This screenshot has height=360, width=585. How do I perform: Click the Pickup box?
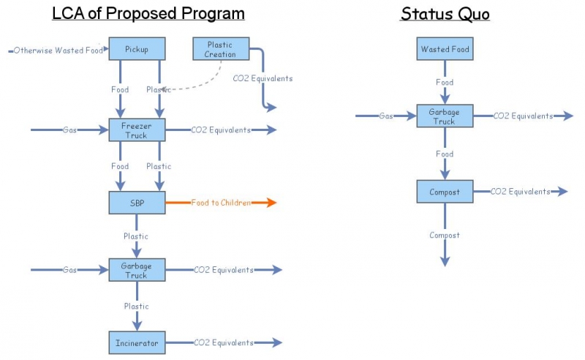137,49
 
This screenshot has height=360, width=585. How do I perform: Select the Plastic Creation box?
220,49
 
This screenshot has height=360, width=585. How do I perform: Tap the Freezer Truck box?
137,130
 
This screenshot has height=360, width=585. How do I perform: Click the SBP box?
137,203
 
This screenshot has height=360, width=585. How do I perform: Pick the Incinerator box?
137,342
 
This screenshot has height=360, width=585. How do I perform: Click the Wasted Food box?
445,49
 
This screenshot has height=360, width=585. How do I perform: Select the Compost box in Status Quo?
445,192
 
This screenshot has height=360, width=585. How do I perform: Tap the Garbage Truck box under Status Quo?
445,116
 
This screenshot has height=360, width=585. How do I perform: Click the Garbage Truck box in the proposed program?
137,270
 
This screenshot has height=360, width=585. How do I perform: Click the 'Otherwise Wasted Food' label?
58,50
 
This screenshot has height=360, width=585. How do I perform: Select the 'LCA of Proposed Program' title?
148,14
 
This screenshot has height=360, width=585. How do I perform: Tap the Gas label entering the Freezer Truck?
69,130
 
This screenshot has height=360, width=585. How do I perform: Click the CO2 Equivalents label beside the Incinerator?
223,342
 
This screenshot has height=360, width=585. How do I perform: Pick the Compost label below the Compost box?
444,236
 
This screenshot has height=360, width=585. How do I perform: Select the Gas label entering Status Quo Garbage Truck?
386,116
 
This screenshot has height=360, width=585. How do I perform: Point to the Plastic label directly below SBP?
136,236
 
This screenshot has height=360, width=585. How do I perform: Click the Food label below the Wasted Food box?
445,83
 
